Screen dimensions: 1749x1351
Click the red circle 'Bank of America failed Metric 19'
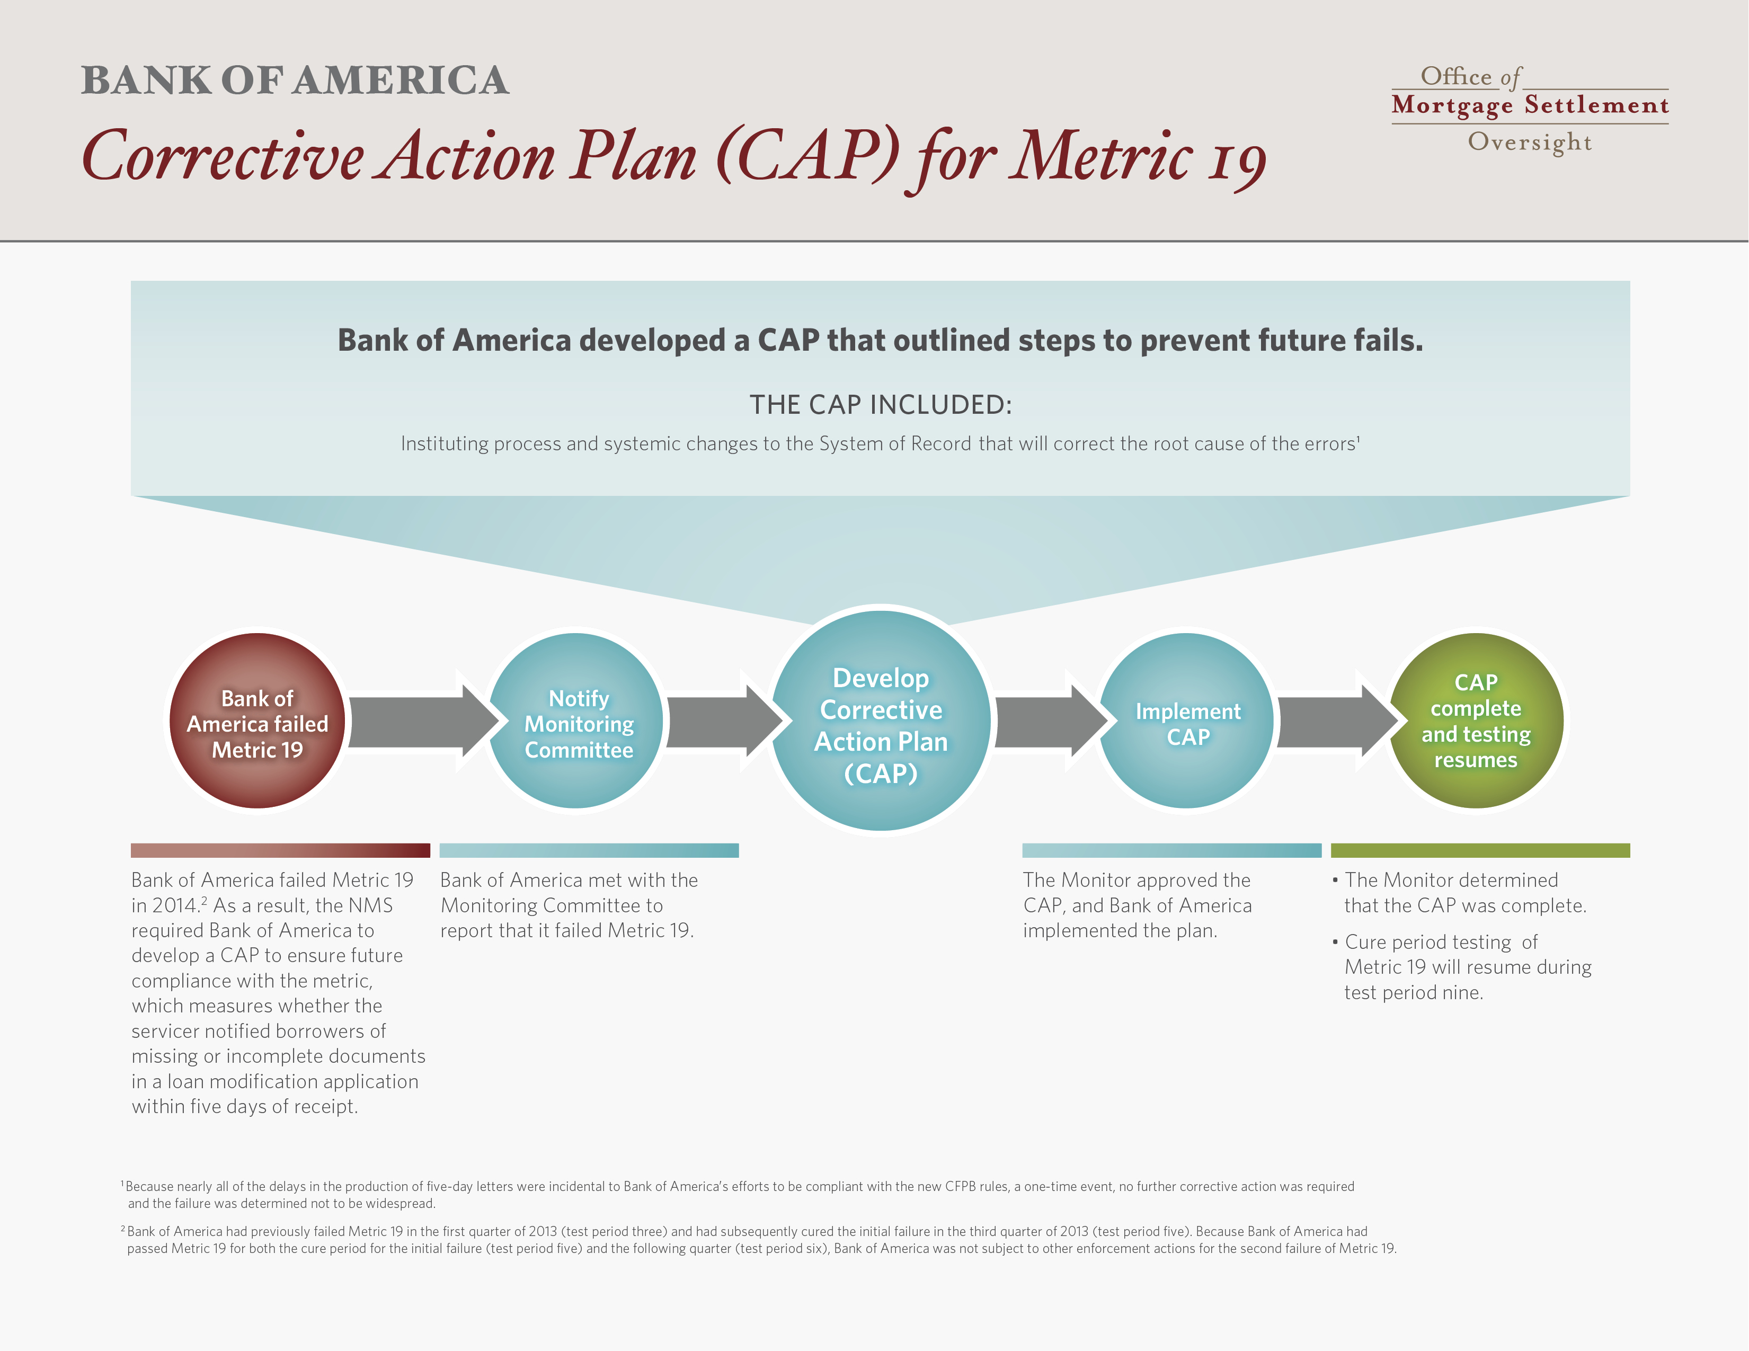point(257,721)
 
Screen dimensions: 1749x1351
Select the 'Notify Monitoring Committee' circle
point(576,721)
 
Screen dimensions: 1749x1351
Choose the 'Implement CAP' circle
point(1186,721)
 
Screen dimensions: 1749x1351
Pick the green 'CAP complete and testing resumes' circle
point(1476,721)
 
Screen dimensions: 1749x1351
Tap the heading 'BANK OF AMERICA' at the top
point(295,80)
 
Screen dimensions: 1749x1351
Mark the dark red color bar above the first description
point(280,850)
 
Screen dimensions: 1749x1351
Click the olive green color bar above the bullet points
point(1480,850)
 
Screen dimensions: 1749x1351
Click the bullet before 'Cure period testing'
point(1335,942)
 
